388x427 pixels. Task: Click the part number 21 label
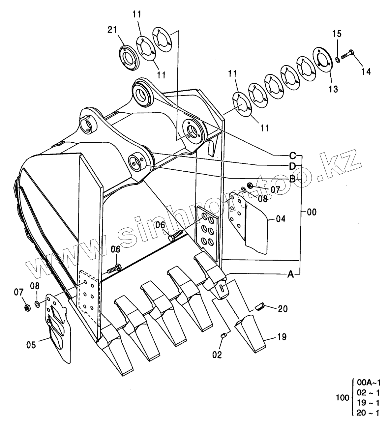[x=112, y=30]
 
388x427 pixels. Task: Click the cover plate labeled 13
[x=322, y=60]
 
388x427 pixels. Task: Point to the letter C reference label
[x=292, y=155]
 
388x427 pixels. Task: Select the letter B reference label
[x=292, y=179]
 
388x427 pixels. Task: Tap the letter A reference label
[x=290, y=274]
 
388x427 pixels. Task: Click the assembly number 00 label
[x=311, y=213]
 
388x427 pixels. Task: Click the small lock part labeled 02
[x=224, y=335]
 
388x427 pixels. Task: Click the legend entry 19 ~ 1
[x=369, y=403]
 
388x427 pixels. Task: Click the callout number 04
[x=281, y=219]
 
